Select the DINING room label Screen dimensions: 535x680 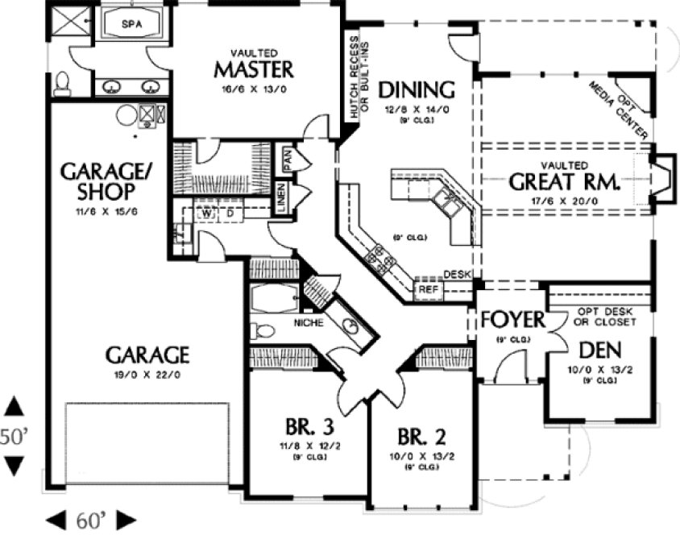417,89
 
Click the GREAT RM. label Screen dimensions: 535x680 564,182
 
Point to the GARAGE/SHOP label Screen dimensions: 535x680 97,181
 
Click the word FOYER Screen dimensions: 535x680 513,320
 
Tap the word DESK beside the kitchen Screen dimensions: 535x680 457,275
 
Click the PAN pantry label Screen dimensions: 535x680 286,158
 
